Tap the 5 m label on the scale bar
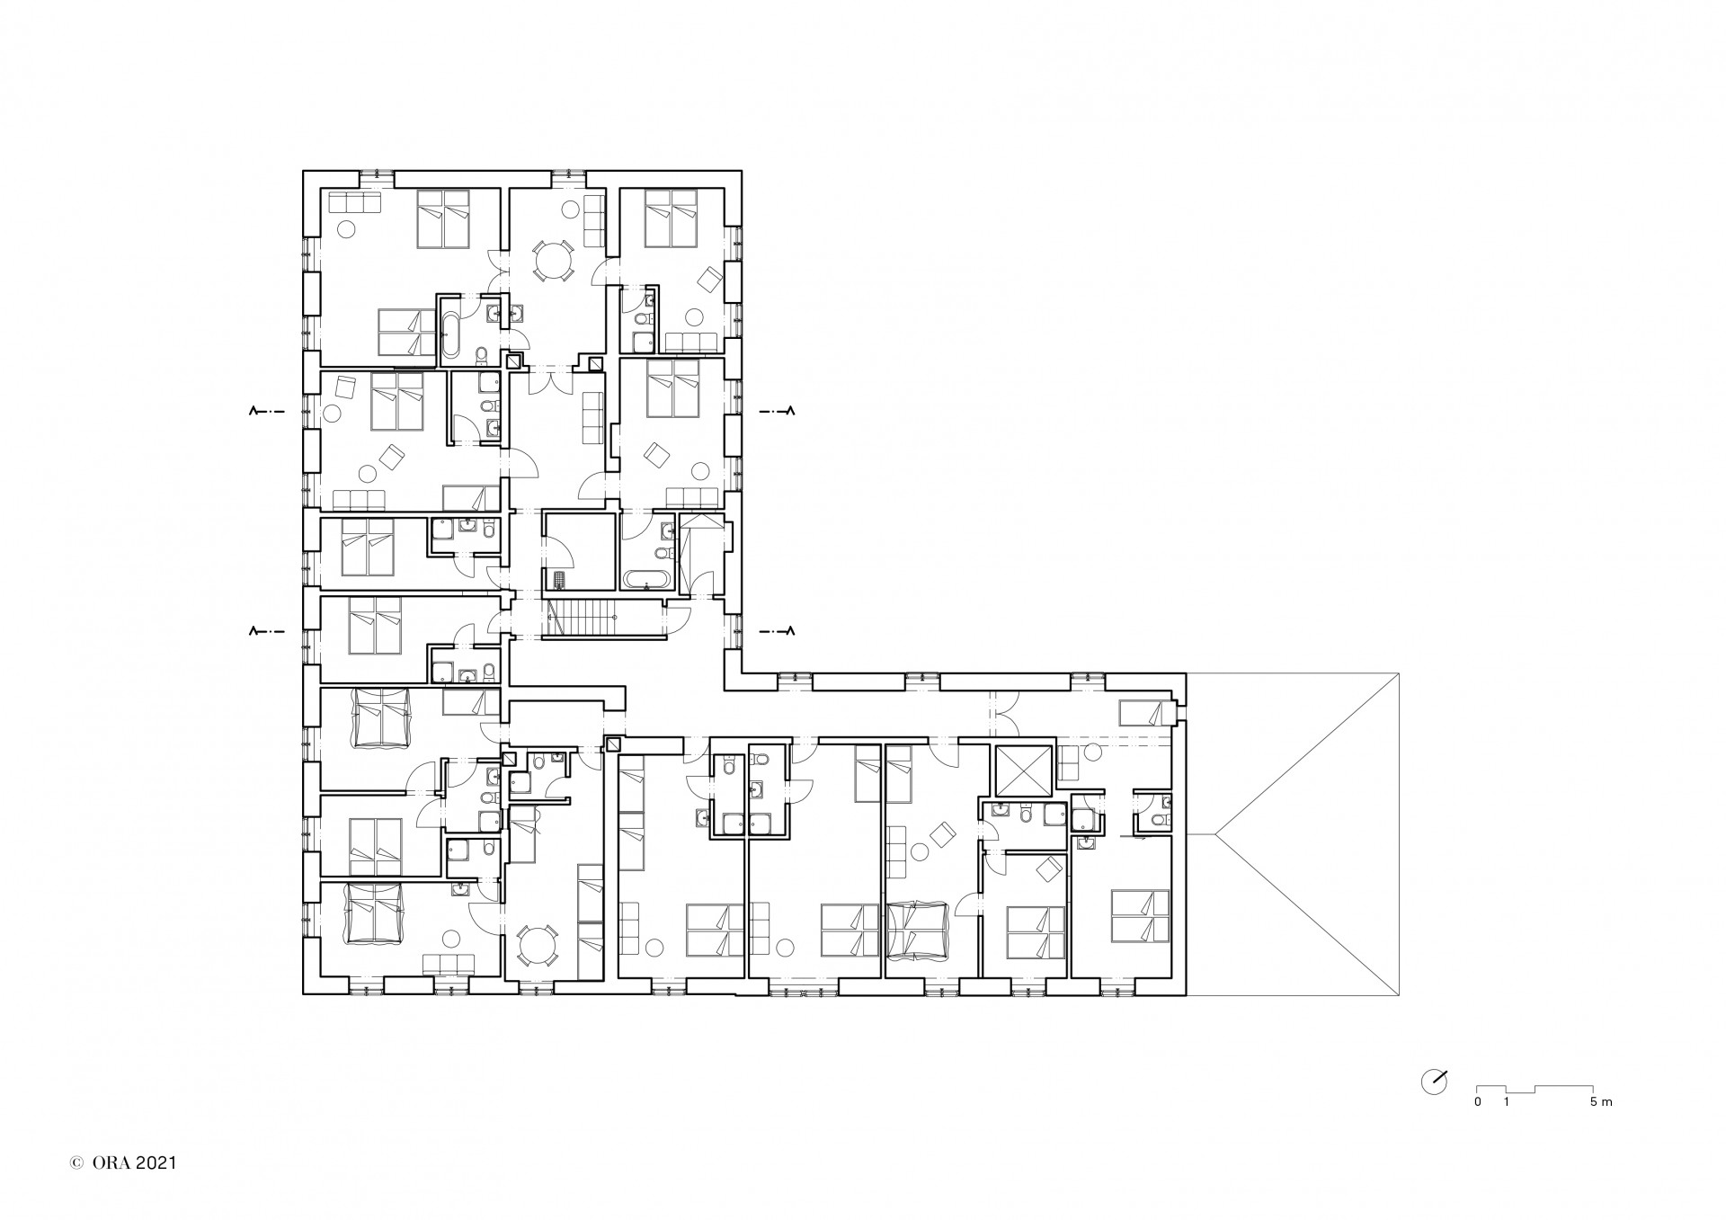(x=1601, y=1102)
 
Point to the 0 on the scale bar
(x=1477, y=1102)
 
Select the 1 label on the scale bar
(x=1506, y=1102)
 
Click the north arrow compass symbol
(x=1435, y=1081)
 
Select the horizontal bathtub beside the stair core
(x=645, y=579)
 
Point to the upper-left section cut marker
(x=267, y=412)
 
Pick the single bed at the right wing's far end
(x=1142, y=713)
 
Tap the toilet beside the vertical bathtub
(x=481, y=352)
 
